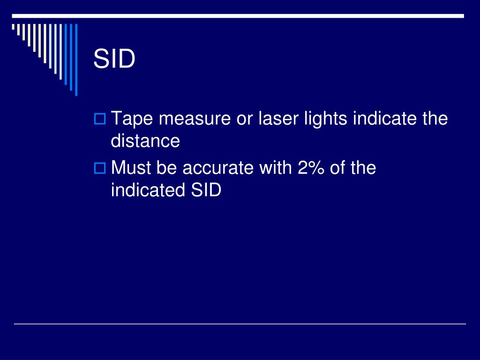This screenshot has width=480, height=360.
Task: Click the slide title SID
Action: [x=114, y=60]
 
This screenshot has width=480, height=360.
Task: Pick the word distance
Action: [x=145, y=141]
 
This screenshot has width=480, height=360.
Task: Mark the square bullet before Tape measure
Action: [x=99, y=119]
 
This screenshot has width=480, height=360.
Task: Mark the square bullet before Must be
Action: [x=99, y=168]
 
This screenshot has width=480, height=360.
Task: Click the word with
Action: [x=274, y=168]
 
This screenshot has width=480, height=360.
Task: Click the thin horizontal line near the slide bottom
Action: [x=240, y=323]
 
